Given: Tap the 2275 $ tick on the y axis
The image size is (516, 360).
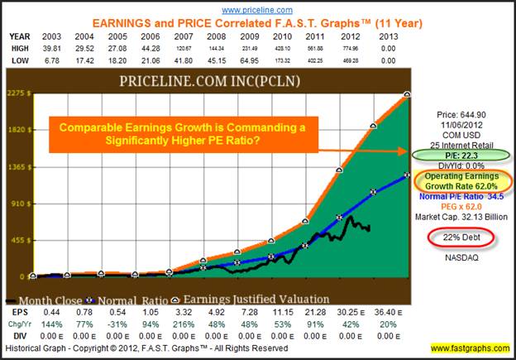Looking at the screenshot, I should [17, 94].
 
